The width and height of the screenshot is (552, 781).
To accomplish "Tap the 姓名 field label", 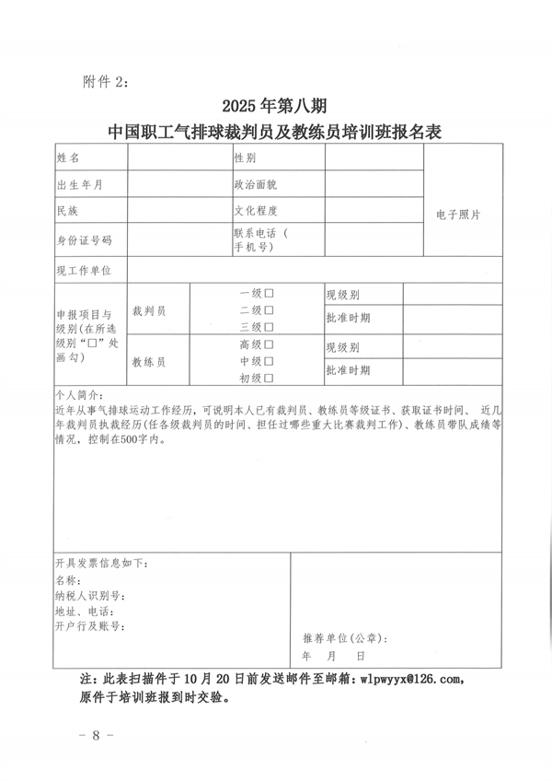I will click(68, 158).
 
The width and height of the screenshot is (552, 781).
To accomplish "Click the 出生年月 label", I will click(79, 184).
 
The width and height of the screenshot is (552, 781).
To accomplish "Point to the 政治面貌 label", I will click(256, 184).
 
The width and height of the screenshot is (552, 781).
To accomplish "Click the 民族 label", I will click(68, 211).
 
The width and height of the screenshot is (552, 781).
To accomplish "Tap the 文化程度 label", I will click(256, 211).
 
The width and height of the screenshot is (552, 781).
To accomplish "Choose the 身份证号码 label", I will click(84, 239).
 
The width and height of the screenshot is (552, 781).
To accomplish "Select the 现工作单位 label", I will click(84, 270).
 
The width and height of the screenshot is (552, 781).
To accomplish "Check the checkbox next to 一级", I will click(270, 293).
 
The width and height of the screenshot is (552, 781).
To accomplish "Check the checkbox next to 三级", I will click(270, 326).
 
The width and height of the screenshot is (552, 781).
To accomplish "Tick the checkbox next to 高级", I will click(270, 344).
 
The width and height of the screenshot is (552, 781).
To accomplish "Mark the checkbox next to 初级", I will click(270, 378).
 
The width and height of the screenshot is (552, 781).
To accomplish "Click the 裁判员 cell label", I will click(149, 311).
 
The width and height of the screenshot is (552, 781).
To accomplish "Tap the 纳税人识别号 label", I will click(90, 595).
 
